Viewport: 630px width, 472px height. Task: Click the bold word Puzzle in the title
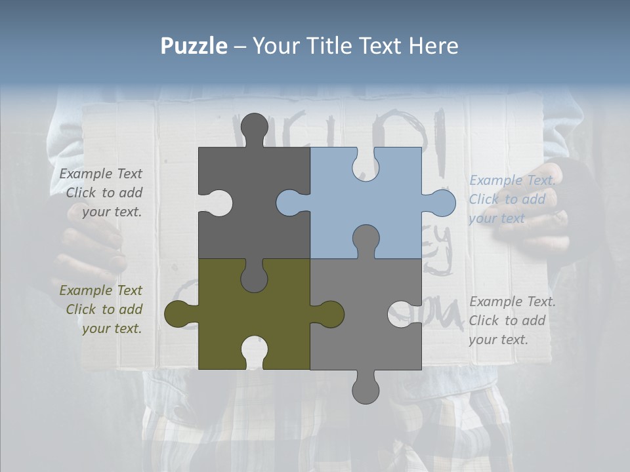[194, 46]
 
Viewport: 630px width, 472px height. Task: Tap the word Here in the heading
[433, 46]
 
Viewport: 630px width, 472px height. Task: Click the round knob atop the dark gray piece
[254, 127]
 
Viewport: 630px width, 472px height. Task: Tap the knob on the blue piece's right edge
[442, 203]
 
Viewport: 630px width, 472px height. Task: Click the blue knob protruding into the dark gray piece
[290, 203]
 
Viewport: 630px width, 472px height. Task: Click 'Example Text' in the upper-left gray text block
[100, 174]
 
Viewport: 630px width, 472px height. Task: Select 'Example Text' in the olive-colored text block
[100, 290]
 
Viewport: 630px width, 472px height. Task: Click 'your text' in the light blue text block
[497, 218]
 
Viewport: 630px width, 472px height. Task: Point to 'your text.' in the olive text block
[112, 328]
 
